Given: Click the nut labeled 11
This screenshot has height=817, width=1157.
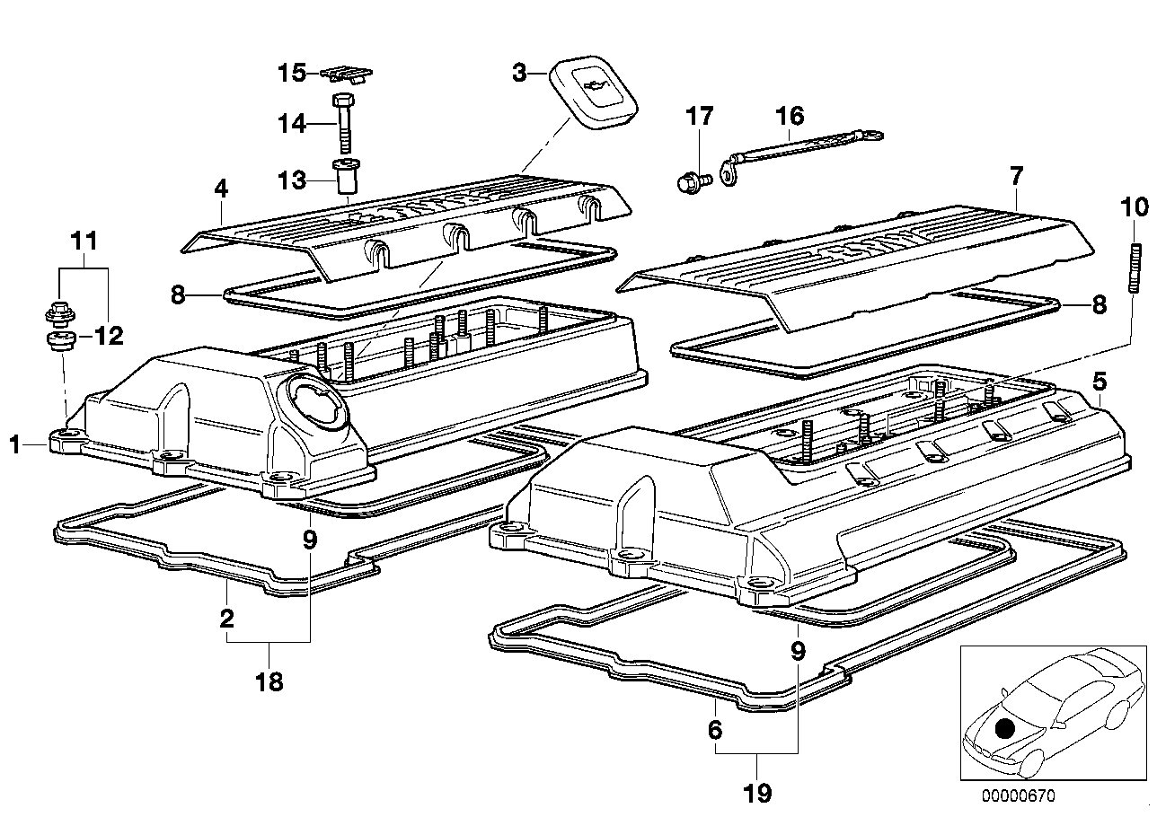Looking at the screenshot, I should pos(56,314).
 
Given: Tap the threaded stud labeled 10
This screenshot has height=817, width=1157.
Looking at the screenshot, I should pos(1135,268).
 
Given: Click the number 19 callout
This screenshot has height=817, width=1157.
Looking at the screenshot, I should pos(757,794).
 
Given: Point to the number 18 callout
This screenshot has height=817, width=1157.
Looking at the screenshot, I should pos(269,682).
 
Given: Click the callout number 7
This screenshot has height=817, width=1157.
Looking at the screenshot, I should pos(1016,175).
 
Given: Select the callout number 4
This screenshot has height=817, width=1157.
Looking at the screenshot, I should pos(221,189).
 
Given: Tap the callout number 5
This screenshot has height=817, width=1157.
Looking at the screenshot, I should pos(1099,381).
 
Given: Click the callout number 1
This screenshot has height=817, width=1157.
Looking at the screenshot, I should pos(13,443).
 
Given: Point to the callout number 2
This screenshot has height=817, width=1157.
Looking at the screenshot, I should pos(226,618).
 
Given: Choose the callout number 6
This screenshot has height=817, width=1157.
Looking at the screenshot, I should pos(715,731).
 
